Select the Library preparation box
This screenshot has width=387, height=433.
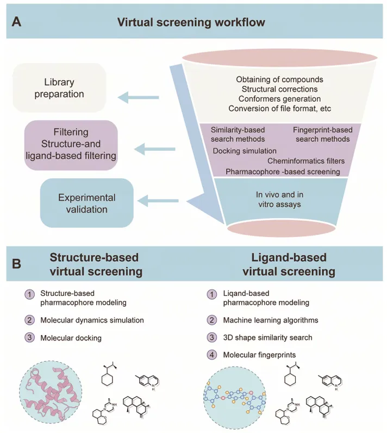click(x=59, y=88)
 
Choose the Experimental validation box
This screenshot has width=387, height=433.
click(x=86, y=203)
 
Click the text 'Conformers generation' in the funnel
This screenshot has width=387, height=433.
click(x=279, y=98)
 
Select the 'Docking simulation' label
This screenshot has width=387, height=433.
click(x=245, y=151)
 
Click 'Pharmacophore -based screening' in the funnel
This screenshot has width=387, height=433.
click(x=283, y=171)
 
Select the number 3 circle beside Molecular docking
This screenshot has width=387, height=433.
click(x=29, y=338)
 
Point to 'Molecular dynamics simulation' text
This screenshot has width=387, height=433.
click(x=92, y=320)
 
